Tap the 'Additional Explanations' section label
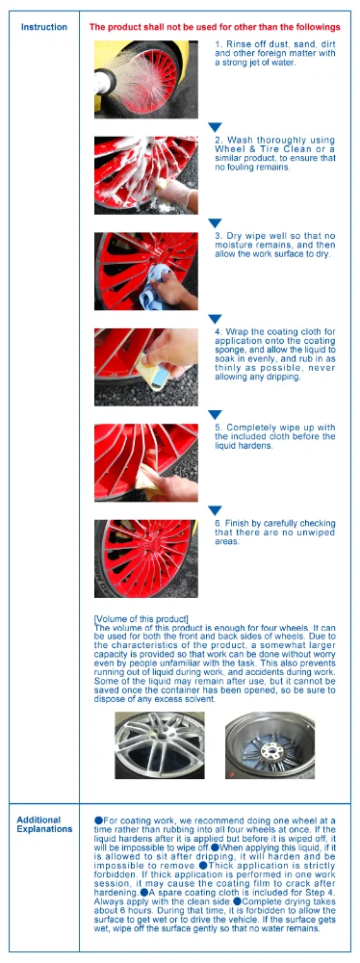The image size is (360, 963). coord(44,824)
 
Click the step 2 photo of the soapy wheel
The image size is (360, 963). coord(146,173)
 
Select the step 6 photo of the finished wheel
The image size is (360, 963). coord(146,559)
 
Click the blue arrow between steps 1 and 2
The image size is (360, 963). coord(216,126)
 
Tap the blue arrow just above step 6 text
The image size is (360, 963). coord(216,510)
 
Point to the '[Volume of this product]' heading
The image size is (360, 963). coord(141,618)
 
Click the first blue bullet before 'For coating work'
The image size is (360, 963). coord(98,820)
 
